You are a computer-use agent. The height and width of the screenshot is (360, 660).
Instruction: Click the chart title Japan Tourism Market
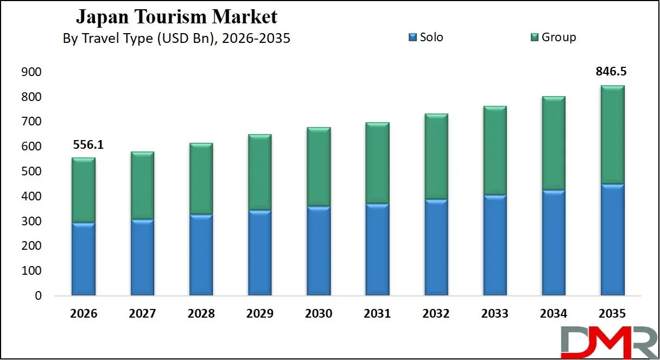(176, 17)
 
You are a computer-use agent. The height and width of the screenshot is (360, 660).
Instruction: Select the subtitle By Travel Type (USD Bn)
(176, 39)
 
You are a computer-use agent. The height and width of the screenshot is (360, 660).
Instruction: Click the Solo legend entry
(426, 37)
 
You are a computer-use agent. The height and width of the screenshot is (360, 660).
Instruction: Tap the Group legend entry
(553, 37)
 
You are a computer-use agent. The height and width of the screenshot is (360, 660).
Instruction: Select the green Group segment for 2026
(84, 190)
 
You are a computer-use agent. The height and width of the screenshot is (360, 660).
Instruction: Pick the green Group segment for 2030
(319, 167)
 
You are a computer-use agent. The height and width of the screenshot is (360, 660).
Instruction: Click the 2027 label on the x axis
(142, 314)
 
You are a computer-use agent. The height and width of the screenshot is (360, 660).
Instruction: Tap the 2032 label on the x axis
(436, 314)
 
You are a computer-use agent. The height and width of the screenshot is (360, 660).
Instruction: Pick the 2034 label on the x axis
(553, 314)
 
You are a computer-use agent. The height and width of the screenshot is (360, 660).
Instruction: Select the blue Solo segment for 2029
(259, 252)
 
